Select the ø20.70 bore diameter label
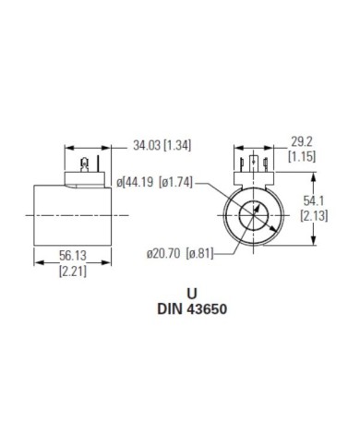167,252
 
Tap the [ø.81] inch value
201,252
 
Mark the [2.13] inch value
313,214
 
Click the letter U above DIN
193,293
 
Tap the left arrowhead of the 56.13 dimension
37,260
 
